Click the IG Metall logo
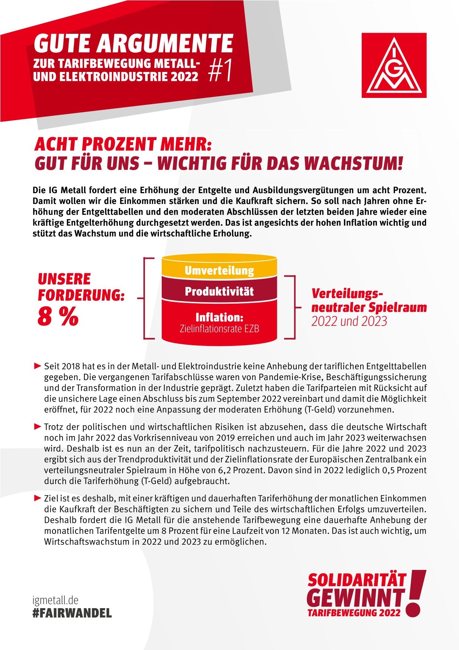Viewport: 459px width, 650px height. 394,65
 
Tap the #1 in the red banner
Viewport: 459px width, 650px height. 221,70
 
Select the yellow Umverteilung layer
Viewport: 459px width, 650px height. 219,270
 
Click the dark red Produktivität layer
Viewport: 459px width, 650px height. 219,291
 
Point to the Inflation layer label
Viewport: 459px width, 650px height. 219,317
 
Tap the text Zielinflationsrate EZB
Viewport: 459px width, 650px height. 219,329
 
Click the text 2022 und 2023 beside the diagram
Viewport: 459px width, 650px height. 349,321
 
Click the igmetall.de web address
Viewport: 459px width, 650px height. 56,600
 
